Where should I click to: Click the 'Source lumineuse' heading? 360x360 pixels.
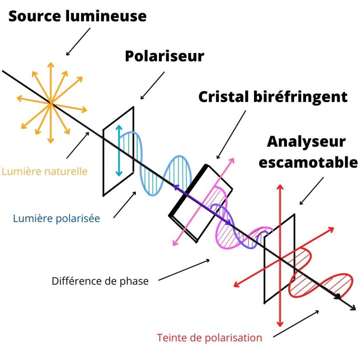(x=78, y=16)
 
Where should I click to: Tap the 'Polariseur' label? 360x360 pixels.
(x=164, y=56)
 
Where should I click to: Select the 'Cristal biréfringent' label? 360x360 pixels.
(x=273, y=96)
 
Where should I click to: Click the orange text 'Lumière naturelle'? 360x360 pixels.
(x=44, y=172)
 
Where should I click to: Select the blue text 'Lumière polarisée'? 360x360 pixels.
(x=57, y=218)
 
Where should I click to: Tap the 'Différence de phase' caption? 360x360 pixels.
(x=100, y=281)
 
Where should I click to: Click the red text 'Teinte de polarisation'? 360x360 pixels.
(x=209, y=338)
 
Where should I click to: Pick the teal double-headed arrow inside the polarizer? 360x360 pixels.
(x=119, y=150)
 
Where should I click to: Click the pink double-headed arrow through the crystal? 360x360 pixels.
(x=203, y=201)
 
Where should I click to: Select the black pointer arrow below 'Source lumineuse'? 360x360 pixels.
(x=79, y=42)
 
